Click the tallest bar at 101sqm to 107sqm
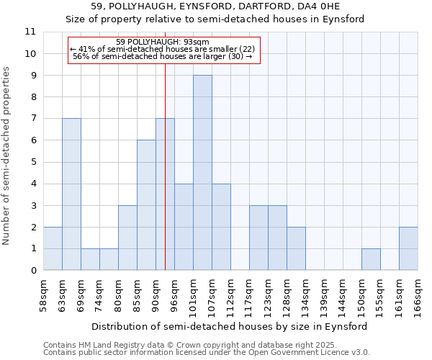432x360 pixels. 202,173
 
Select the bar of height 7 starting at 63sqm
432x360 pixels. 71,194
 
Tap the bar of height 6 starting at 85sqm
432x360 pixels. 146,205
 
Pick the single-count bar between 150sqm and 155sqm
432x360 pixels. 371,259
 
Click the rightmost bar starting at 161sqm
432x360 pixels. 408,248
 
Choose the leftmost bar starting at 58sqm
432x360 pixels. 53,248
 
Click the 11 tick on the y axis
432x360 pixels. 30,32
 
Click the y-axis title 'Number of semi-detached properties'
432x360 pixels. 6,156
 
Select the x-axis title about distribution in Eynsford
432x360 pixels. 230,326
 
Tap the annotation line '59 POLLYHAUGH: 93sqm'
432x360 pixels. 163,42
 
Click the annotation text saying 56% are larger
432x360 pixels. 163,56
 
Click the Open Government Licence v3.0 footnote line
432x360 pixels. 207,353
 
